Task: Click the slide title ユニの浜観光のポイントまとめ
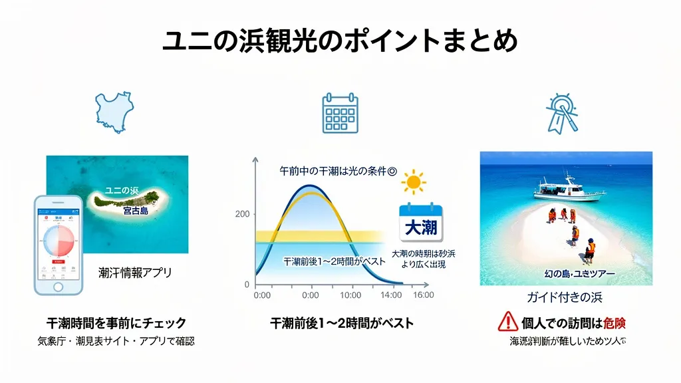340,41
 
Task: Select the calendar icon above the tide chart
340,113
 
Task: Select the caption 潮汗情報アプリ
134,272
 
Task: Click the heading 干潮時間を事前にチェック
116,323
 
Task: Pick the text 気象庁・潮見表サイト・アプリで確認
116,342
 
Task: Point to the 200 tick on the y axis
242,214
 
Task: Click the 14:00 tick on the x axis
392,295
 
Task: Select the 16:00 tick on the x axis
422,295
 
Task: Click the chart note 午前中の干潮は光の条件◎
337,171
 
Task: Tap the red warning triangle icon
507,322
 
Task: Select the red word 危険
615,323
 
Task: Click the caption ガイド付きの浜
565,297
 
